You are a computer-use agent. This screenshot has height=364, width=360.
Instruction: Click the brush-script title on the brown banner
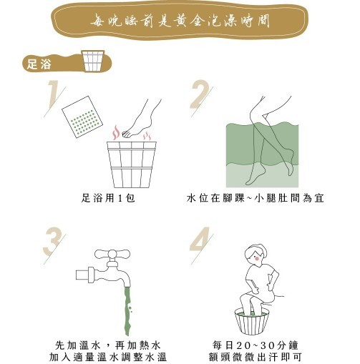(x=180, y=20)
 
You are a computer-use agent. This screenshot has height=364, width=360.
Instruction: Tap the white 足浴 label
(x=39, y=64)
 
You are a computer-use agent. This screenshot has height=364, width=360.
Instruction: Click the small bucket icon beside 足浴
(x=93, y=61)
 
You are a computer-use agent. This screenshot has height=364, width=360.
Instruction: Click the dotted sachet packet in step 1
(x=82, y=117)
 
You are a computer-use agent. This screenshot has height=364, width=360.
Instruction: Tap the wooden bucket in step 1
(x=132, y=164)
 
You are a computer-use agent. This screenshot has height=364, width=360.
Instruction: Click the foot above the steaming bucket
(x=141, y=120)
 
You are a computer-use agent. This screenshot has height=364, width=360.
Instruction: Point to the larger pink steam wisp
(x=116, y=132)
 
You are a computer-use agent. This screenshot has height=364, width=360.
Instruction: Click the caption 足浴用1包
(x=108, y=198)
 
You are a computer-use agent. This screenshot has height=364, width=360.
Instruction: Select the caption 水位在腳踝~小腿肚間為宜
(x=256, y=198)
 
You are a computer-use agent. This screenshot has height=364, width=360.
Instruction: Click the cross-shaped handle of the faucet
(x=112, y=254)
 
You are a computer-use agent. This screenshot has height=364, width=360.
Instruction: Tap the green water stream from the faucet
(x=128, y=310)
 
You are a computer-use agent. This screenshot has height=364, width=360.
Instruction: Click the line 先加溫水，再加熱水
(x=108, y=345)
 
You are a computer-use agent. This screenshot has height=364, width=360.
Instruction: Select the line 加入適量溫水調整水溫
(x=108, y=358)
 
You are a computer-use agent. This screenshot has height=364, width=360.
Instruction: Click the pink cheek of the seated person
(x=257, y=258)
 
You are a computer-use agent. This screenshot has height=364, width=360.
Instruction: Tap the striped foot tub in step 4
(x=252, y=321)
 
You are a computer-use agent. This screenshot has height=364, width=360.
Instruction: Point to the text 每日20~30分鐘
(x=256, y=345)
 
